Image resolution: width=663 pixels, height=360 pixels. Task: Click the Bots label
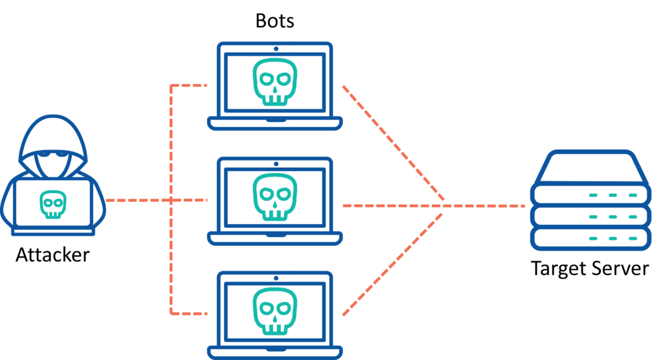[275, 21]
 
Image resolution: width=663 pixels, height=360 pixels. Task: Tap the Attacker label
[52, 254]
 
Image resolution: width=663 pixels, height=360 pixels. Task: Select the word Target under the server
[561, 269]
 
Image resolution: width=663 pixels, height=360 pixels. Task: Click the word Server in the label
[622, 269]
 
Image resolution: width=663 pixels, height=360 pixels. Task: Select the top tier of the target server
[589, 194]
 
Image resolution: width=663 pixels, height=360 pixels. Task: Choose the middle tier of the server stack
[589, 216]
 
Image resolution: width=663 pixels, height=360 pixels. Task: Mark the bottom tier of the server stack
[589, 238]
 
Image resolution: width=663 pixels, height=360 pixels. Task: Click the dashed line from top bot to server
[392, 142]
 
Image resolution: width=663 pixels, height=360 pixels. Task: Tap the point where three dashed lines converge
[444, 206]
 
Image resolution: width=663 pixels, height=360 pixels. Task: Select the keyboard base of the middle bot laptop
[275, 238]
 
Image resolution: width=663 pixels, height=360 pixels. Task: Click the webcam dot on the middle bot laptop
[275, 163]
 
